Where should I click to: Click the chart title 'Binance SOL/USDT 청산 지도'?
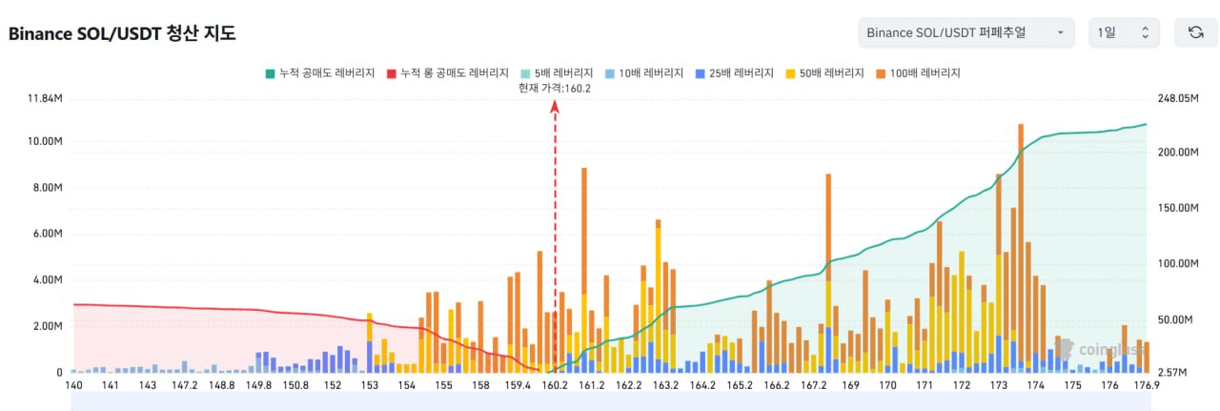tap(122, 33)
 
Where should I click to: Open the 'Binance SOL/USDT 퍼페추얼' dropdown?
tap(966, 32)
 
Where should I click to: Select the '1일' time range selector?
tap(1124, 32)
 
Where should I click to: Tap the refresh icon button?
tap(1195, 32)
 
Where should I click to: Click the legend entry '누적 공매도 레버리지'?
tap(317, 73)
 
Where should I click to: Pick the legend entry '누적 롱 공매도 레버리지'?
tap(447, 73)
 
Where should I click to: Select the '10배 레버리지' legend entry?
tap(643, 73)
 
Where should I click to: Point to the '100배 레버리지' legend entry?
tap(917, 73)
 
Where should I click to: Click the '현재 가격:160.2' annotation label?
tap(555, 88)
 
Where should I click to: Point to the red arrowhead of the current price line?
tap(555, 108)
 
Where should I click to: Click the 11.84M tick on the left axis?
tap(45, 98)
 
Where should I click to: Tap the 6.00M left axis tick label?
tap(46, 234)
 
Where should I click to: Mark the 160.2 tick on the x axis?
tap(555, 385)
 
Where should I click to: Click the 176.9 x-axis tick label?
tap(1147, 385)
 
